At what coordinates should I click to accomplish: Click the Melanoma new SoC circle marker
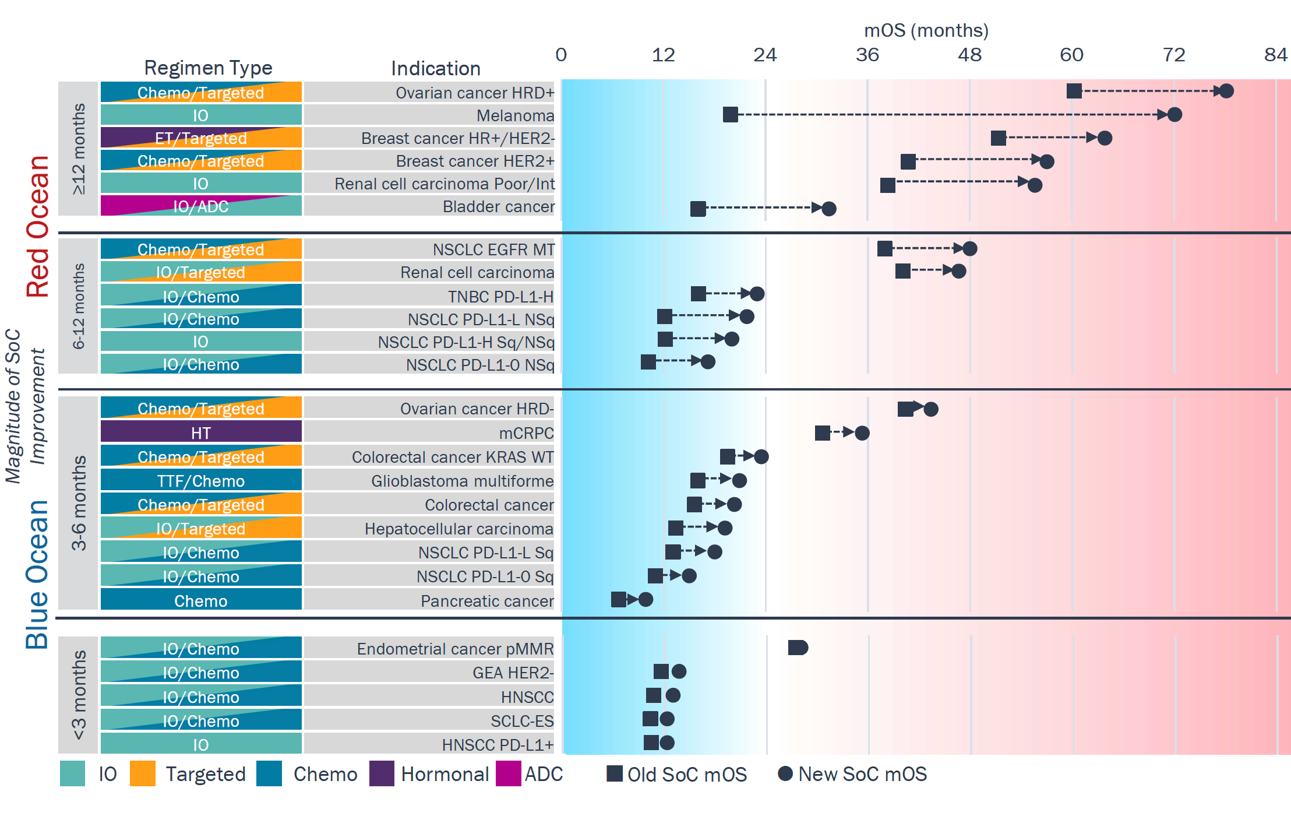tap(1174, 115)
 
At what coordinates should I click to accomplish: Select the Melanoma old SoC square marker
tap(730, 115)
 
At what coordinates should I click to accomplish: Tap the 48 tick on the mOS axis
tap(969, 55)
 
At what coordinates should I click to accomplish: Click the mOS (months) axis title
tap(926, 30)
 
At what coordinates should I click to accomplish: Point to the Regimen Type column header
tap(208, 68)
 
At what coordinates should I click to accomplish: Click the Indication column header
tap(435, 68)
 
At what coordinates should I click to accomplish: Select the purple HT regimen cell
tap(201, 432)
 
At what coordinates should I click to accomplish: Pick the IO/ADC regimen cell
tap(201, 206)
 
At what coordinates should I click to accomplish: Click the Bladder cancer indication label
tap(498, 206)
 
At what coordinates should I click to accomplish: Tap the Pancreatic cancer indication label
tap(487, 600)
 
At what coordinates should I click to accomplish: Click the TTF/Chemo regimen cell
tap(201, 481)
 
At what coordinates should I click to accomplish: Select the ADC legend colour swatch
tap(508, 773)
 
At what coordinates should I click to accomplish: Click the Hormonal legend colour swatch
tap(382, 773)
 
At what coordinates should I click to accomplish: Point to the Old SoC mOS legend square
tap(614, 773)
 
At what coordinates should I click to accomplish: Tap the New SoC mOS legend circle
tap(785, 773)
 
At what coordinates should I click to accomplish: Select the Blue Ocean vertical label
tap(38, 574)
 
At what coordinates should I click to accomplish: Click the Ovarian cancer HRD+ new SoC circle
tap(1226, 91)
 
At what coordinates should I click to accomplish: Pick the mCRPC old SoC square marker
tap(822, 433)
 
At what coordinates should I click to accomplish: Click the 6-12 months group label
tap(79, 306)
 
